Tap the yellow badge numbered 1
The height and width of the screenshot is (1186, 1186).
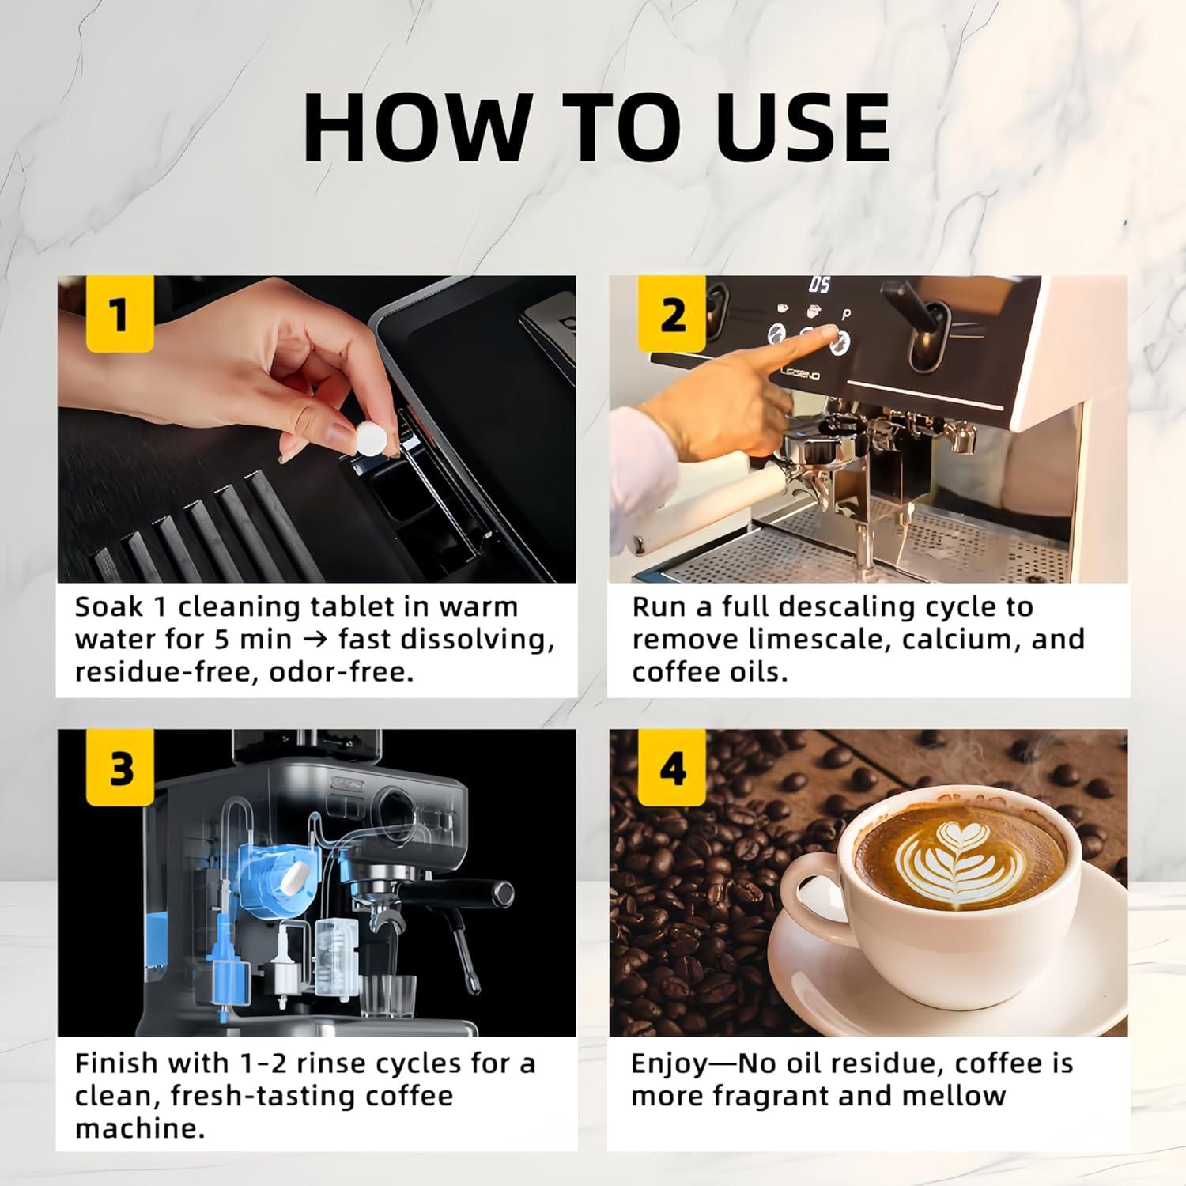coord(119,315)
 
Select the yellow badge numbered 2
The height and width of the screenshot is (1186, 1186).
coord(672,315)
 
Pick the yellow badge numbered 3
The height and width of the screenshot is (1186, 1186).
coord(119,769)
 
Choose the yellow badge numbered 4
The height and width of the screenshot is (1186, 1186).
coord(672,769)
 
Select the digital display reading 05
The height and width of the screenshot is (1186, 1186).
coord(820,285)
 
